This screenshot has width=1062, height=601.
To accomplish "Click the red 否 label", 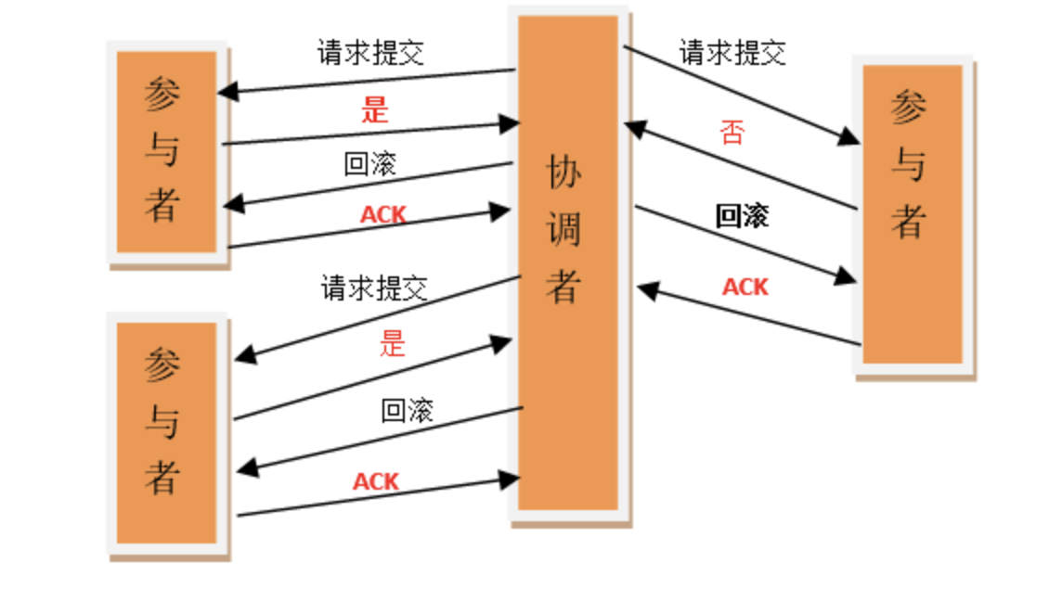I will (732, 133).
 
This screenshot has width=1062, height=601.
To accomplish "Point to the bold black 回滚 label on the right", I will (742, 216).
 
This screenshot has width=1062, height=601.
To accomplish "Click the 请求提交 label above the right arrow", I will (732, 52).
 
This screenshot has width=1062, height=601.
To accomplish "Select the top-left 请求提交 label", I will (371, 52).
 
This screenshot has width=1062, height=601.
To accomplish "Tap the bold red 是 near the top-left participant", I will (374, 110).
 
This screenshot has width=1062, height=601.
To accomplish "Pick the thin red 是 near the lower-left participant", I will (393, 344).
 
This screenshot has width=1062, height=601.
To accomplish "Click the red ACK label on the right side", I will (745, 287).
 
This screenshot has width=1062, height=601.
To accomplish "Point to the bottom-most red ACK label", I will (376, 481).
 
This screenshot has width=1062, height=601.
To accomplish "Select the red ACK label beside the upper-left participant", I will (383, 215).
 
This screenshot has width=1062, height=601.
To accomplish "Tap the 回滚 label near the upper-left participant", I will (369, 164).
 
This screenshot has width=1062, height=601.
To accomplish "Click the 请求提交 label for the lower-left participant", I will (374, 288).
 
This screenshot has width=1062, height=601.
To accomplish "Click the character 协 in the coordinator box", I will (563, 173).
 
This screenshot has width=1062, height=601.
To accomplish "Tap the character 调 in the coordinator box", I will (563, 229).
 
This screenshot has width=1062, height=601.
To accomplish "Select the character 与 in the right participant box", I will (909, 165).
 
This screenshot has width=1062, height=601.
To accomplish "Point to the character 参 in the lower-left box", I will (162, 366).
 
